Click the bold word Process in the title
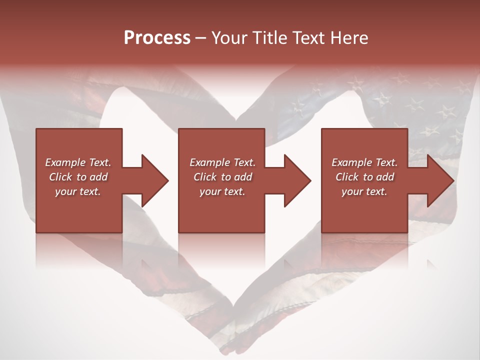[157, 38]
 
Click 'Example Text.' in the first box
[78, 162]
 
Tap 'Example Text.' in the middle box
[222, 162]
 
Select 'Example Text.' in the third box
[364, 162]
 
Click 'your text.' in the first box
[78, 191]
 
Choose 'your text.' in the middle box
[222, 191]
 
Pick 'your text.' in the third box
[364, 191]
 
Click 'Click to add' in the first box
[78, 177]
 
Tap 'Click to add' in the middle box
[222, 177]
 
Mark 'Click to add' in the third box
[364, 177]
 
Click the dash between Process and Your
[201, 38]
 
